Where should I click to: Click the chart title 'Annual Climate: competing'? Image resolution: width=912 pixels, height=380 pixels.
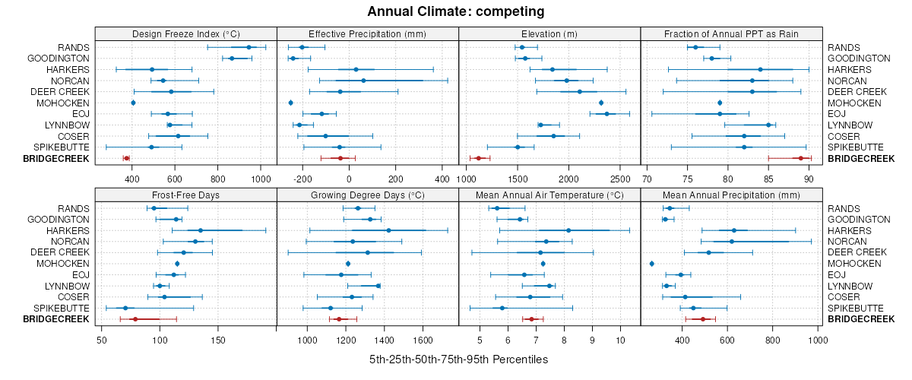point(456,11)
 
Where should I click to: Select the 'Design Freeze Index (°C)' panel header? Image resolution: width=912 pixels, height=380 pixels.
point(186,33)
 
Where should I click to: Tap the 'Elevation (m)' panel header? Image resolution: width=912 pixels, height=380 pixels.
point(549,33)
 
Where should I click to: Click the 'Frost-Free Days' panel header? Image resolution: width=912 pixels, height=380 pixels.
point(186,195)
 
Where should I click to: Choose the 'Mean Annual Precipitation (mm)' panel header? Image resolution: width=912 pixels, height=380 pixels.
point(732,195)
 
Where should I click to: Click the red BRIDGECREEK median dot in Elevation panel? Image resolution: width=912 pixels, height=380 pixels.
point(479,158)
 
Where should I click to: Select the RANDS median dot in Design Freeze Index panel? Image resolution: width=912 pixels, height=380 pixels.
point(249,47)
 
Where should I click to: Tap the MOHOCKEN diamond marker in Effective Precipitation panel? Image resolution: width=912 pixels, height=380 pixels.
point(291,103)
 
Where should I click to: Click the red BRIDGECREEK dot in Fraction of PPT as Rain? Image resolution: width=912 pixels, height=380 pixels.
point(800,158)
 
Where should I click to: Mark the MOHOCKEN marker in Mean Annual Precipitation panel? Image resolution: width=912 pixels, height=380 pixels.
point(652,264)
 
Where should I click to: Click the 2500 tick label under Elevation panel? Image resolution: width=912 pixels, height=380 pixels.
point(620,179)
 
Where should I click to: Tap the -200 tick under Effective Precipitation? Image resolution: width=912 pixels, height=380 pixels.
point(302,179)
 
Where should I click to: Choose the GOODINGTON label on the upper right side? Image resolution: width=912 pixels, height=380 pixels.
point(859,59)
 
